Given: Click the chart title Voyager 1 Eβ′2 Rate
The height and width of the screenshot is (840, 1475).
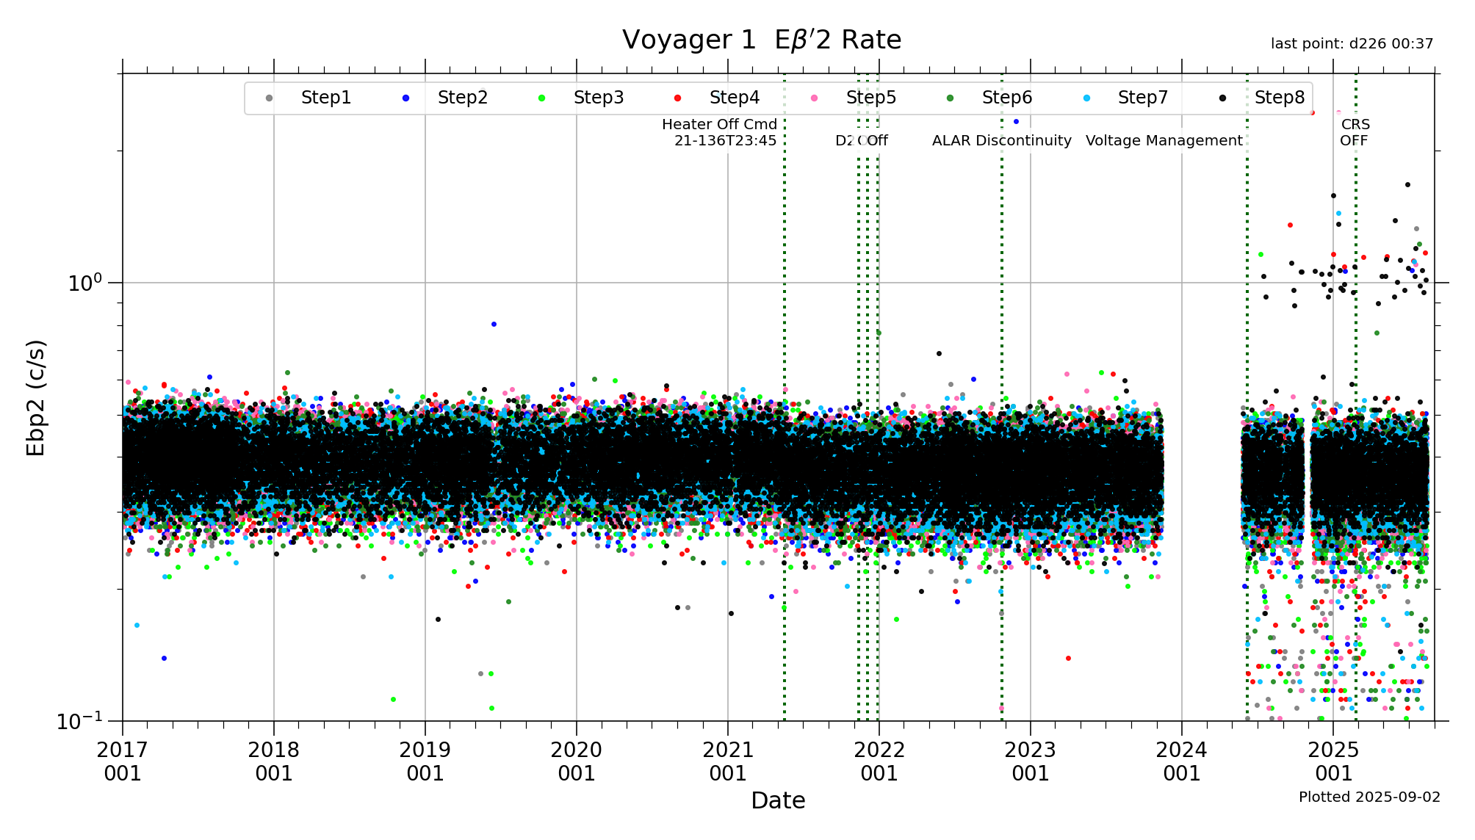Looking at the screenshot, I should pyautogui.click(x=762, y=40).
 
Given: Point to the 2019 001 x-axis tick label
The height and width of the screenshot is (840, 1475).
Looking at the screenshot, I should pyautogui.click(x=425, y=761).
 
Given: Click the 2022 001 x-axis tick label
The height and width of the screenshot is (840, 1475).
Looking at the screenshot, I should pyautogui.click(x=879, y=761).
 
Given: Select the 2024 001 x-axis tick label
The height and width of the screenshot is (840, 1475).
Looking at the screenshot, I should pyautogui.click(x=1181, y=761).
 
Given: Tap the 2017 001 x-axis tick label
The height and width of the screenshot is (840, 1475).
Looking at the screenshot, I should pyautogui.click(x=123, y=761).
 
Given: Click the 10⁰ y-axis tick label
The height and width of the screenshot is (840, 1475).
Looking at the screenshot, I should pyautogui.click(x=85, y=283).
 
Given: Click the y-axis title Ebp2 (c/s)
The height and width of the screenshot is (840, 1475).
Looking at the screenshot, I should pyautogui.click(x=36, y=397).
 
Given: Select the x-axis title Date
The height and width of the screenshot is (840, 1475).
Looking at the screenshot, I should pyautogui.click(x=778, y=800).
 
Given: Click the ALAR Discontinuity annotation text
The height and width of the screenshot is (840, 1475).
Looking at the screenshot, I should pyautogui.click(x=1001, y=140).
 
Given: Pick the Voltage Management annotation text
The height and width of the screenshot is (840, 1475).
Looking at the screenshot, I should pyautogui.click(x=1164, y=140).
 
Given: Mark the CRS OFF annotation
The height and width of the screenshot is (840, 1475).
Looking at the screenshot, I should pyautogui.click(x=1355, y=132).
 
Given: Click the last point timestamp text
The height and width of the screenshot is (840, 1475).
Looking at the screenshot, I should pyautogui.click(x=1352, y=44).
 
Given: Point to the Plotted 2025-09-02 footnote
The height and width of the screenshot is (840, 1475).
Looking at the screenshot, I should pyautogui.click(x=1369, y=797).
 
